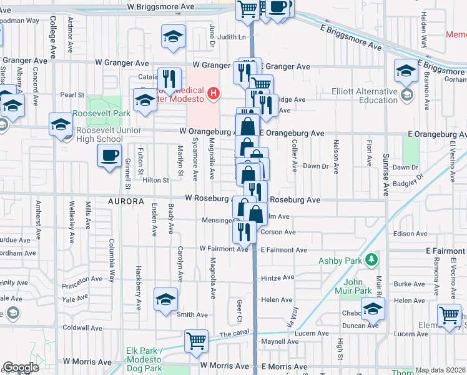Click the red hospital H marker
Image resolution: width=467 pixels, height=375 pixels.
coord(214,94)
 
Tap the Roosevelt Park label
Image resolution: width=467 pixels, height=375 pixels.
coord(101,114)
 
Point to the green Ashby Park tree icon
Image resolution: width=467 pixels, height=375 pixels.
coord(372,259)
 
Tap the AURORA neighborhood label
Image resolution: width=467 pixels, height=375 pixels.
coord(126,202)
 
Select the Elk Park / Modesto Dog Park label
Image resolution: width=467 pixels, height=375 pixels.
coord(143,355)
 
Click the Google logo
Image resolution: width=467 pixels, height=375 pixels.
coord(21,367)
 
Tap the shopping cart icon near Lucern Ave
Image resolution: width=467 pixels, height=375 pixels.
coord(196,341)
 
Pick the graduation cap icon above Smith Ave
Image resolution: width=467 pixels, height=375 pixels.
coord(166,299)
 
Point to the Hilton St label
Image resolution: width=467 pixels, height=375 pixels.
coord(156,180)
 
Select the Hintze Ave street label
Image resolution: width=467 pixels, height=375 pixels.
coord(277,277)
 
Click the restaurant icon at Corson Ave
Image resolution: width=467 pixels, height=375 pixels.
coord(243,232)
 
